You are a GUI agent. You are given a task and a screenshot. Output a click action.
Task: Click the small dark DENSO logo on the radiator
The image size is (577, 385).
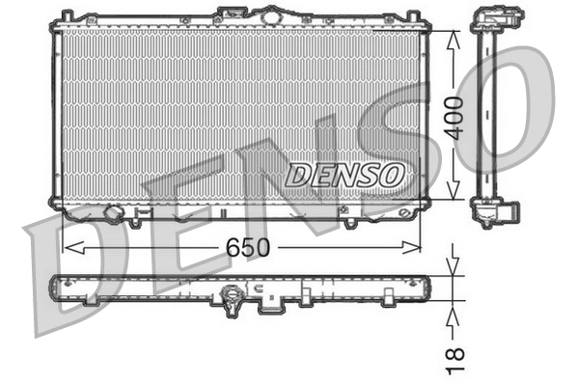tap(345, 174)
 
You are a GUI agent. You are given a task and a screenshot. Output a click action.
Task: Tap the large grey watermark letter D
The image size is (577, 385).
tap(68, 280)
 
